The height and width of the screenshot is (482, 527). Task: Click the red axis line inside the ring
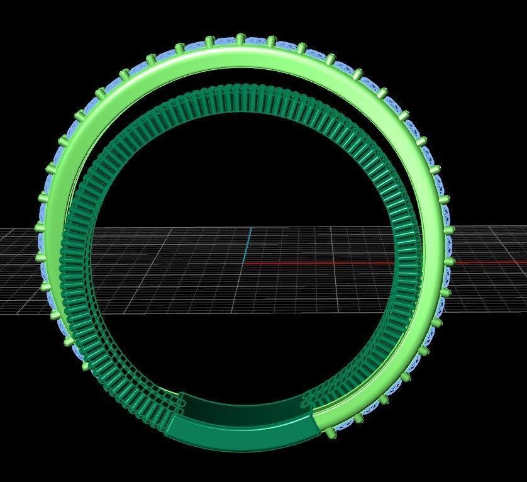[314, 263]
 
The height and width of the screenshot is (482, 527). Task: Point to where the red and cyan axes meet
[247, 263]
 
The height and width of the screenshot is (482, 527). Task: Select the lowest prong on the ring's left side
[85, 364]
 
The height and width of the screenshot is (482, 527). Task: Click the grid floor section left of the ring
[19, 271]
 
